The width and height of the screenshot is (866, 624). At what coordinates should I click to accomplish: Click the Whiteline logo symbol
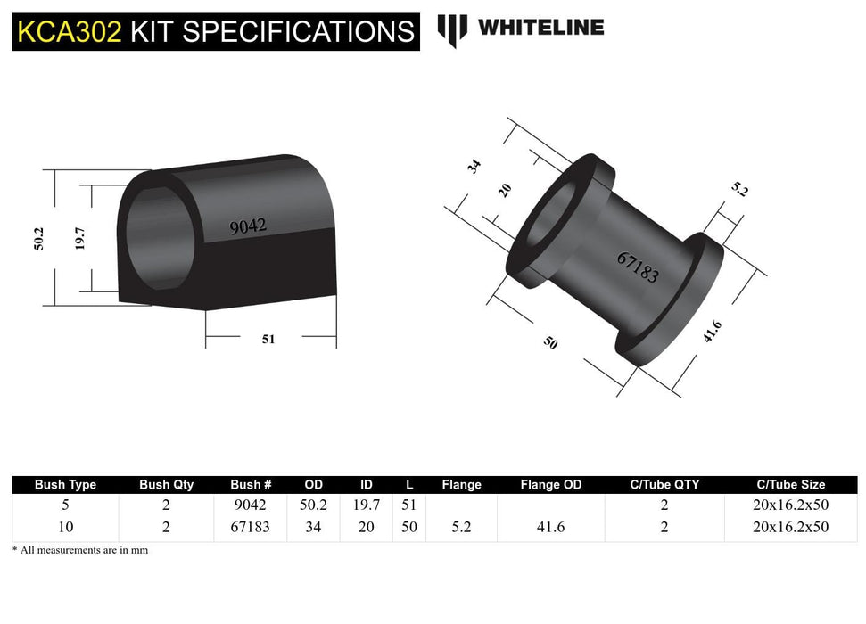tap(452, 29)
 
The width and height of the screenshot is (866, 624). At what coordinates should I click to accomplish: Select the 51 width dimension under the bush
tap(268, 339)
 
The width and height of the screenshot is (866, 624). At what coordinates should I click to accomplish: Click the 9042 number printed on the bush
tap(248, 226)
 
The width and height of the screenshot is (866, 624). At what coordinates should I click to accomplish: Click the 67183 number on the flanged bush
tap(638, 267)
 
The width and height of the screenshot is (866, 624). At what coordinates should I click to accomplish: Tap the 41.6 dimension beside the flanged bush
tap(712, 333)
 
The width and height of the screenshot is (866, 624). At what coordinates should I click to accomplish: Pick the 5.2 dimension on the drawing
tap(739, 189)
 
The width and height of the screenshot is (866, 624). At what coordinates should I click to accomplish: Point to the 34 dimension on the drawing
tap(474, 167)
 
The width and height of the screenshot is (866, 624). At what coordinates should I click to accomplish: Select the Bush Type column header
tap(65, 485)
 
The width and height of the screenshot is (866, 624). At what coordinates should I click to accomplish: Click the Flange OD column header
tap(551, 485)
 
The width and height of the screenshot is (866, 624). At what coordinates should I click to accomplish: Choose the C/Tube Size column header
tap(789, 485)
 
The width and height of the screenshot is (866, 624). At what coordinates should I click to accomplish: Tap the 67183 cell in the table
tap(250, 527)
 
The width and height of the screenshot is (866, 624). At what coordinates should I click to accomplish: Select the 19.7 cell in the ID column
tap(366, 505)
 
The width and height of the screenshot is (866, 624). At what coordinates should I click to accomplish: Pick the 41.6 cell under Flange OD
tap(551, 527)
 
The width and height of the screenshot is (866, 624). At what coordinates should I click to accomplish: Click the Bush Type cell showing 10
tap(65, 527)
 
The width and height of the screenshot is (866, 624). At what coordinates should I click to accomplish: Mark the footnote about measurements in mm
tap(80, 550)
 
